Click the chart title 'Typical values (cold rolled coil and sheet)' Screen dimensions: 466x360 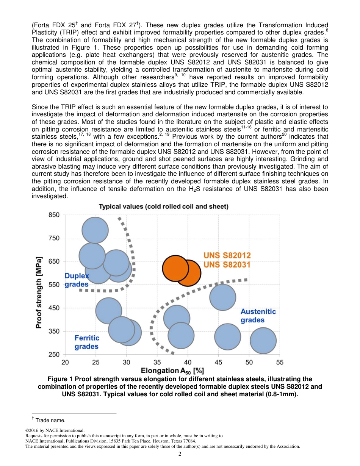(163, 206)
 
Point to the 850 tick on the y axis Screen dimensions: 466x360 (54, 215)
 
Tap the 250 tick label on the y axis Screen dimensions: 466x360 (54, 355)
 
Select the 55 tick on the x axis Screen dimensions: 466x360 (280, 362)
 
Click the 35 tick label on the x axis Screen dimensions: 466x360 (157, 362)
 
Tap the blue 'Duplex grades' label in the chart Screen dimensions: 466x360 (77, 280)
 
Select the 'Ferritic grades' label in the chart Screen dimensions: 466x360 (87, 342)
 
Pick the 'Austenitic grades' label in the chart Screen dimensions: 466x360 (258, 316)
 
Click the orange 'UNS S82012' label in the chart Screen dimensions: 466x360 (227, 255)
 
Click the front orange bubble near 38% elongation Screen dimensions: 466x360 (175, 268)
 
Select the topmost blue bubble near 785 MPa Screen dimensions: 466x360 (95, 230)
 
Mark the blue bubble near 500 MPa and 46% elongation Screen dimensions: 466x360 (222, 297)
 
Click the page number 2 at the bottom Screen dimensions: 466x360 (180, 454)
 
